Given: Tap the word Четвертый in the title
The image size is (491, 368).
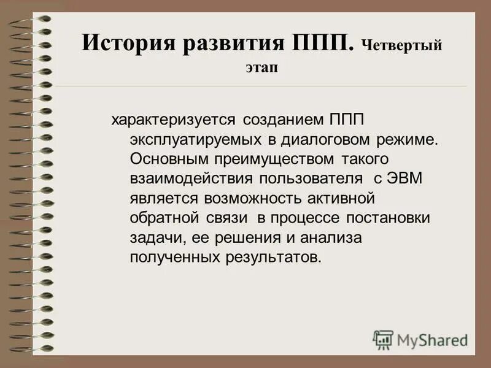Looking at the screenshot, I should click(401, 46).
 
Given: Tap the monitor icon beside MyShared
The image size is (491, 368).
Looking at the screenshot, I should click(383, 339).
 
